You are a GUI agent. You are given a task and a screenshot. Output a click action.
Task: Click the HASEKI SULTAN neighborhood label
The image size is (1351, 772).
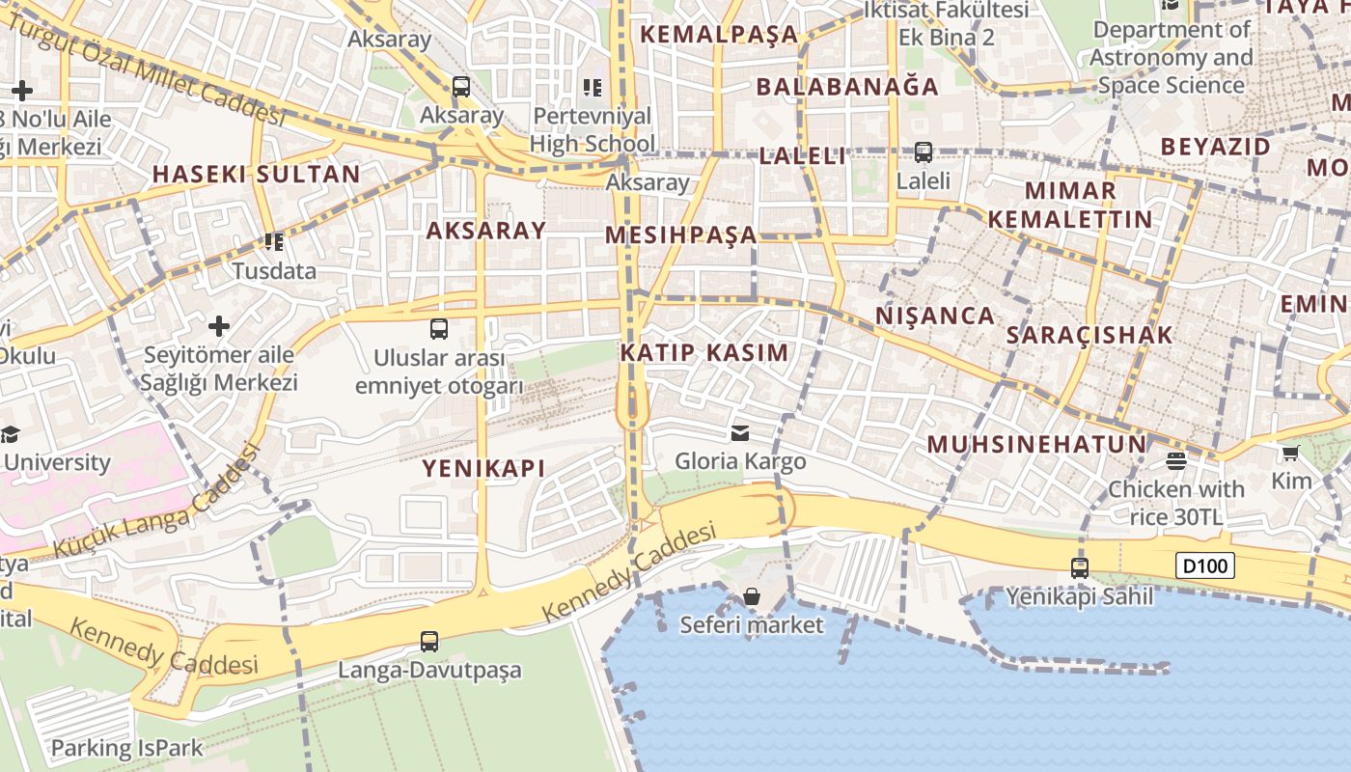tap(256, 175)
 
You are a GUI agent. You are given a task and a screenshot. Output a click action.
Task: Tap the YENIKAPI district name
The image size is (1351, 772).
tap(483, 469)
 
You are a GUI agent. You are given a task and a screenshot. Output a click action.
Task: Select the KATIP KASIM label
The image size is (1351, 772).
tap(704, 352)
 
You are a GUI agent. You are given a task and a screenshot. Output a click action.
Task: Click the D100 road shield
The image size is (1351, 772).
tap(1205, 565)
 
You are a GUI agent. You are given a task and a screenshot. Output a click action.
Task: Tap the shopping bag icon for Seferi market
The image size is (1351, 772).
tap(752, 597)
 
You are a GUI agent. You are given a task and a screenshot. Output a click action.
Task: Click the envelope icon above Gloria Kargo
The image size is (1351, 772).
tap(740, 433)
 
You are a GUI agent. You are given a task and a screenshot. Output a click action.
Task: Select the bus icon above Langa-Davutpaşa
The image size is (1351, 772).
tap(429, 641)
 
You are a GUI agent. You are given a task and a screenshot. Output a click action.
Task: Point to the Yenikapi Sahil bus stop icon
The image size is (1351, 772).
tap(1080, 568)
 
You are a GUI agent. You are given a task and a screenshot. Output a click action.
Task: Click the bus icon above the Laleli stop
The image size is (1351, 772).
tap(924, 152)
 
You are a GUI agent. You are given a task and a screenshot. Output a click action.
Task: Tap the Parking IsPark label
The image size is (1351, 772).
tap(126, 748)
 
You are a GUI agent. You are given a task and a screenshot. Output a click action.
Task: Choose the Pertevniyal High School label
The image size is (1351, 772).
tap(593, 129)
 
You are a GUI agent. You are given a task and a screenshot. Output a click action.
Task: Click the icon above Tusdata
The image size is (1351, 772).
tap(274, 241)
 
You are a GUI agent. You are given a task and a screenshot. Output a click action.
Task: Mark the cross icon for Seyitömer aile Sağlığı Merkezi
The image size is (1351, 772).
tap(219, 326)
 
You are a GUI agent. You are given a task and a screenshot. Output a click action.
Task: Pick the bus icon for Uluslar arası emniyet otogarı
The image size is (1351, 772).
tap(439, 329)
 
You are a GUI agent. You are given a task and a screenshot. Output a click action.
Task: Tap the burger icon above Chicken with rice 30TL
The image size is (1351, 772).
tap(1175, 461)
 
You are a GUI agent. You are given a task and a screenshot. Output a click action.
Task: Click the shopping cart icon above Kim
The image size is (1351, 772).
tap(1290, 453)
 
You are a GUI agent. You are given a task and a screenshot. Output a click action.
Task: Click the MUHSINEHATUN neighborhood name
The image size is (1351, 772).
tap(1036, 445)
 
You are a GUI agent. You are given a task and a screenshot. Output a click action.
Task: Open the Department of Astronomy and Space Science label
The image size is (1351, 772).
tap(1172, 58)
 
